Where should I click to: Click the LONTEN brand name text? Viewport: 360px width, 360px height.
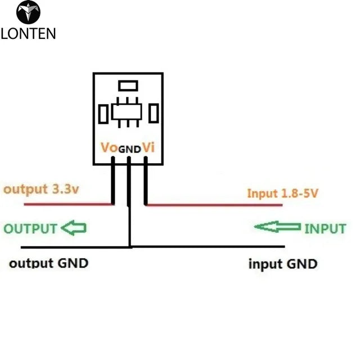point(28,33)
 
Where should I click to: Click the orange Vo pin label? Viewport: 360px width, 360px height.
point(109,148)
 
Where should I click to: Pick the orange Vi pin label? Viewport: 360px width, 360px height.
point(147,148)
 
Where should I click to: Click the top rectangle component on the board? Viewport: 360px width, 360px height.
point(128,85)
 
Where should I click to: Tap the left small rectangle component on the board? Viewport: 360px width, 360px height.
point(103,114)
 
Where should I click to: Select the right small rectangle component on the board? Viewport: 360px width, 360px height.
point(153,114)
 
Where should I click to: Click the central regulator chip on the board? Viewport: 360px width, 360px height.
point(128,111)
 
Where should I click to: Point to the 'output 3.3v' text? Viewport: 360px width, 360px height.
point(42,189)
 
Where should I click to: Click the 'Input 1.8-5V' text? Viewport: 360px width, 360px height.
point(283,193)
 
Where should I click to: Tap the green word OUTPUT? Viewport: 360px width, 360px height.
point(30,228)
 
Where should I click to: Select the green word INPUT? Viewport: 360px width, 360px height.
point(325,228)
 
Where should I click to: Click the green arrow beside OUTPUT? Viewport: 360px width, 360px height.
point(73,228)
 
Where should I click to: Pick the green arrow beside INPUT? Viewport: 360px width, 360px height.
point(277,227)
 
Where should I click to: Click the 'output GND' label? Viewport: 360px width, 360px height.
point(49,263)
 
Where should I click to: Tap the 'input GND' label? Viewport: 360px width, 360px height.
point(283,264)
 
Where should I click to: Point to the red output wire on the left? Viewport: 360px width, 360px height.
point(56,204)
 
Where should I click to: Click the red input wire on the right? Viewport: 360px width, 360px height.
point(214,205)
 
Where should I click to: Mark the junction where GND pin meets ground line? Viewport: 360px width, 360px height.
point(130,246)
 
